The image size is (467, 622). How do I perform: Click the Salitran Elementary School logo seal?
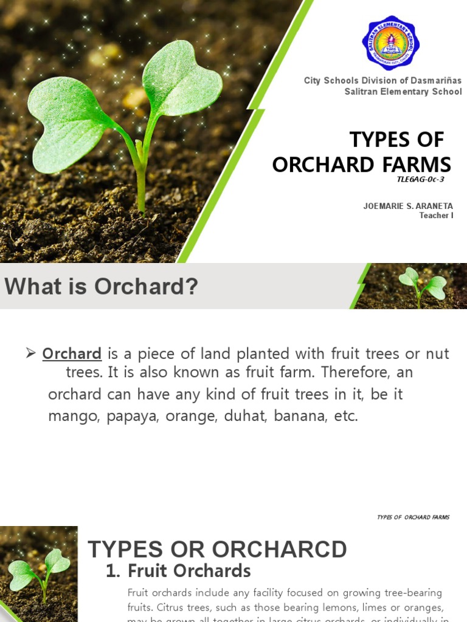point(390,43)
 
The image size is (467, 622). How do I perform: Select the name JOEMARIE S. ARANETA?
point(408,207)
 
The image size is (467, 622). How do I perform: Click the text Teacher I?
point(436,216)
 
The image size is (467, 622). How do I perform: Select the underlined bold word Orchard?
point(72,354)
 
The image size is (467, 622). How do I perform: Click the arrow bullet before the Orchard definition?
point(32,353)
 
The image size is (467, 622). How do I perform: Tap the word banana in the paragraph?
point(300,416)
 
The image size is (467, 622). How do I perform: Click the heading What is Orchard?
point(102,287)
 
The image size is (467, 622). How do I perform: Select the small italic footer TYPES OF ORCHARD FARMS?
point(413,518)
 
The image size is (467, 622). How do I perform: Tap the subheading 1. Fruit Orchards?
point(178,571)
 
